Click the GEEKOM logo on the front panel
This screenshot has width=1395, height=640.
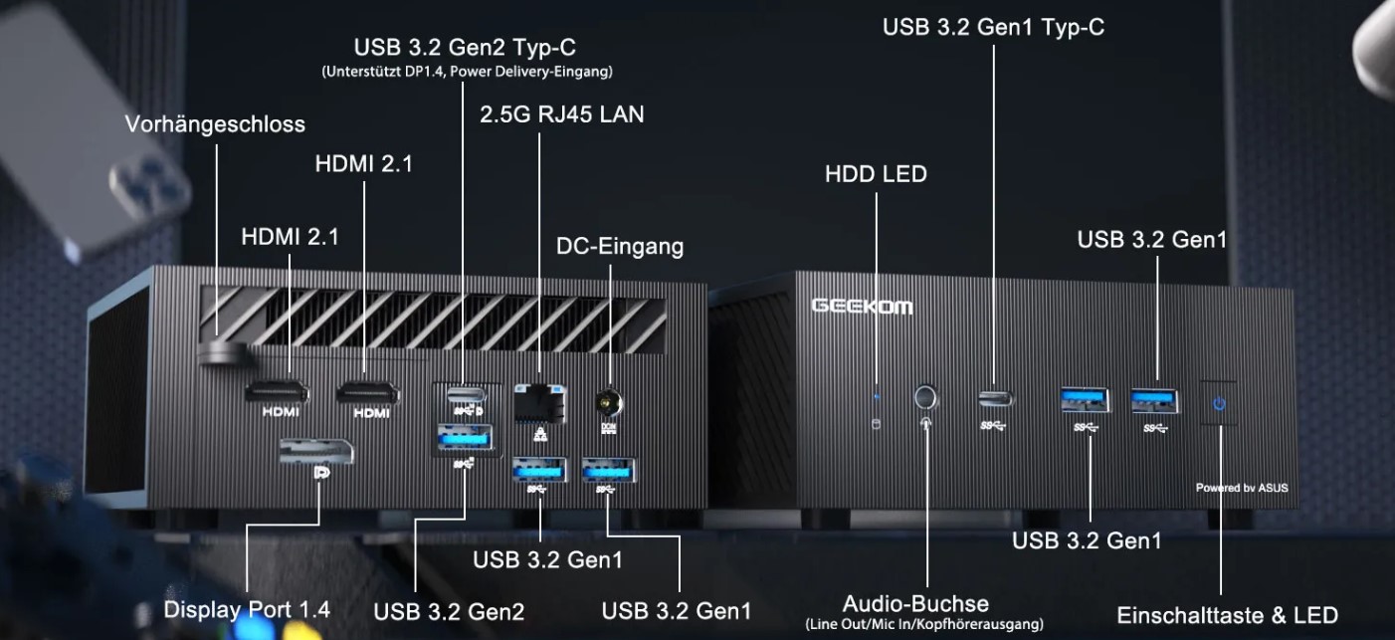(x=862, y=306)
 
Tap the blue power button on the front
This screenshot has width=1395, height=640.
(x=1219, y=403)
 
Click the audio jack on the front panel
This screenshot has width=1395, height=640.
(x=926, y=397)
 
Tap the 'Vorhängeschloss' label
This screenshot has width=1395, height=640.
(x=215, y=124)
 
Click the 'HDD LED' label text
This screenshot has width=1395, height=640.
(x=876, y=174)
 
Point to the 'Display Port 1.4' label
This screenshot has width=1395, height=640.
(x=247, y=609)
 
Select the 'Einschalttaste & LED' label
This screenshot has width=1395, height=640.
(x=1227, y=615)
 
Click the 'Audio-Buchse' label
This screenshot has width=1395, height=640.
(x=915, y=603)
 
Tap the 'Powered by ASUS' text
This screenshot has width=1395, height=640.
(x=1241, y=488)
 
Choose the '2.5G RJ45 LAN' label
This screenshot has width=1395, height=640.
(x=561, y=114)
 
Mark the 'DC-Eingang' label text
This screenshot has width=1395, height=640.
(x=620, y=246)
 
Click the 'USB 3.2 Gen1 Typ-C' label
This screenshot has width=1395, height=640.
(x=993, y=27)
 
